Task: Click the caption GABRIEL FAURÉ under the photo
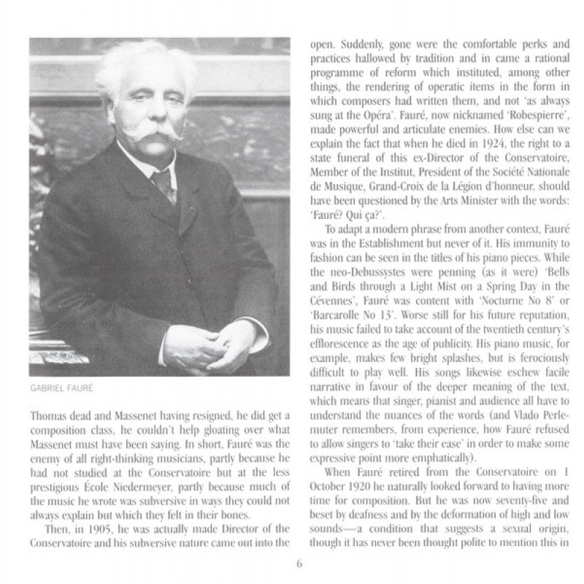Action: [x=62, y=388]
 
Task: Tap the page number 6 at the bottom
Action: [x=299, y=563]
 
